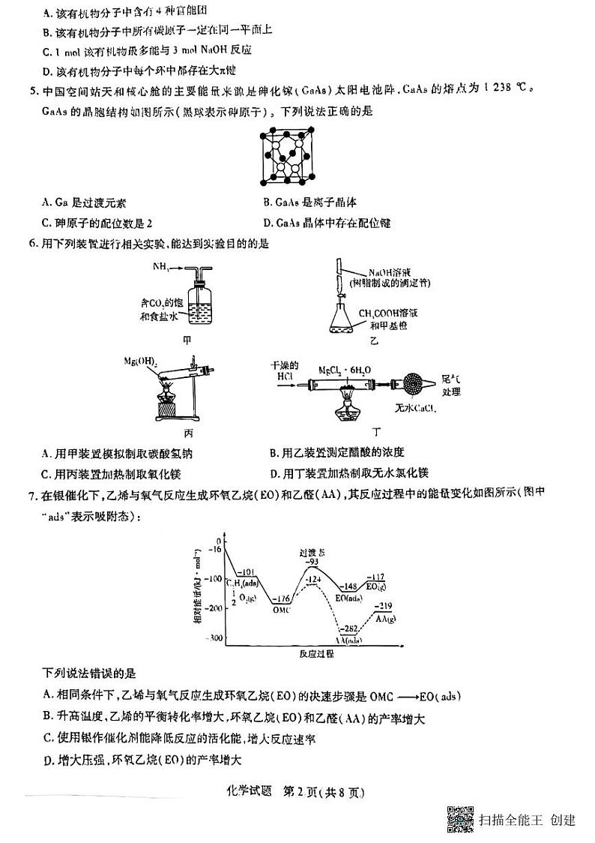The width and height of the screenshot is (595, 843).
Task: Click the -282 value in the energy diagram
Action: tap(349, 628)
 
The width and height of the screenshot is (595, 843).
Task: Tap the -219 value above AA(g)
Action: tap(384, 606)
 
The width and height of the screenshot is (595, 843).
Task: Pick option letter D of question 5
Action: tap(269, 223)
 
